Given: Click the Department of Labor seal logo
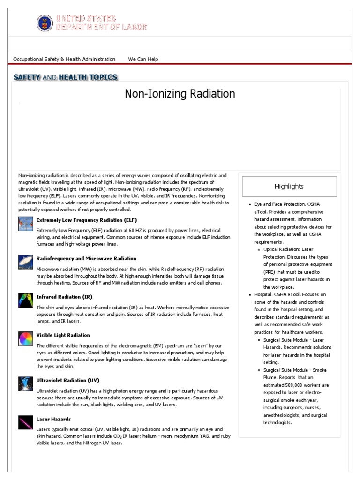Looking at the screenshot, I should click(x=45, y=22).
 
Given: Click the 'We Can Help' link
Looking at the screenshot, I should click(x=143, y=59).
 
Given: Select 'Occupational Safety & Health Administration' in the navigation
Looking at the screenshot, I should click(x=64, y=59).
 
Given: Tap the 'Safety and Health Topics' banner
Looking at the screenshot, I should click(x=65, y=77).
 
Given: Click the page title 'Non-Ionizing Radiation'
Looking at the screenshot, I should click(x=180, y=94).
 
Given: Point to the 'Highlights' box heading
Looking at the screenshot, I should click(x=289, y=186).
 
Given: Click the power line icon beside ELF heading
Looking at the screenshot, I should click(x=25, y=224).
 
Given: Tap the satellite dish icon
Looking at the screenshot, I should click(x=25, y=262).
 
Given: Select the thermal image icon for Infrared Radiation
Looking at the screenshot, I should click(x=25, y=300).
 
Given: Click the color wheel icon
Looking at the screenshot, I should click(x=25, y=338).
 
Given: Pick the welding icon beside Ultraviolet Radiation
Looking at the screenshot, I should click(x=25, y=383).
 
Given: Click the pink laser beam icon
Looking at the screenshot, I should click(x=25, y=422).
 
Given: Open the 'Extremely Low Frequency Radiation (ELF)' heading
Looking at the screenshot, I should click(x=87, y=220).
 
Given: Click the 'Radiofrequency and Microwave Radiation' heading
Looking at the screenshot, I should click(x=86, y=258).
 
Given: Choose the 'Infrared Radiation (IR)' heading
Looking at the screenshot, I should click(x=65, y=297).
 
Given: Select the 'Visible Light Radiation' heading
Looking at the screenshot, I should click(x=63, y=335).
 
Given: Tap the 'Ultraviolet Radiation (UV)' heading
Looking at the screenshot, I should click(x=68, y=380).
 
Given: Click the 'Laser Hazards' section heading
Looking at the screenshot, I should click(x=53, y=419).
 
